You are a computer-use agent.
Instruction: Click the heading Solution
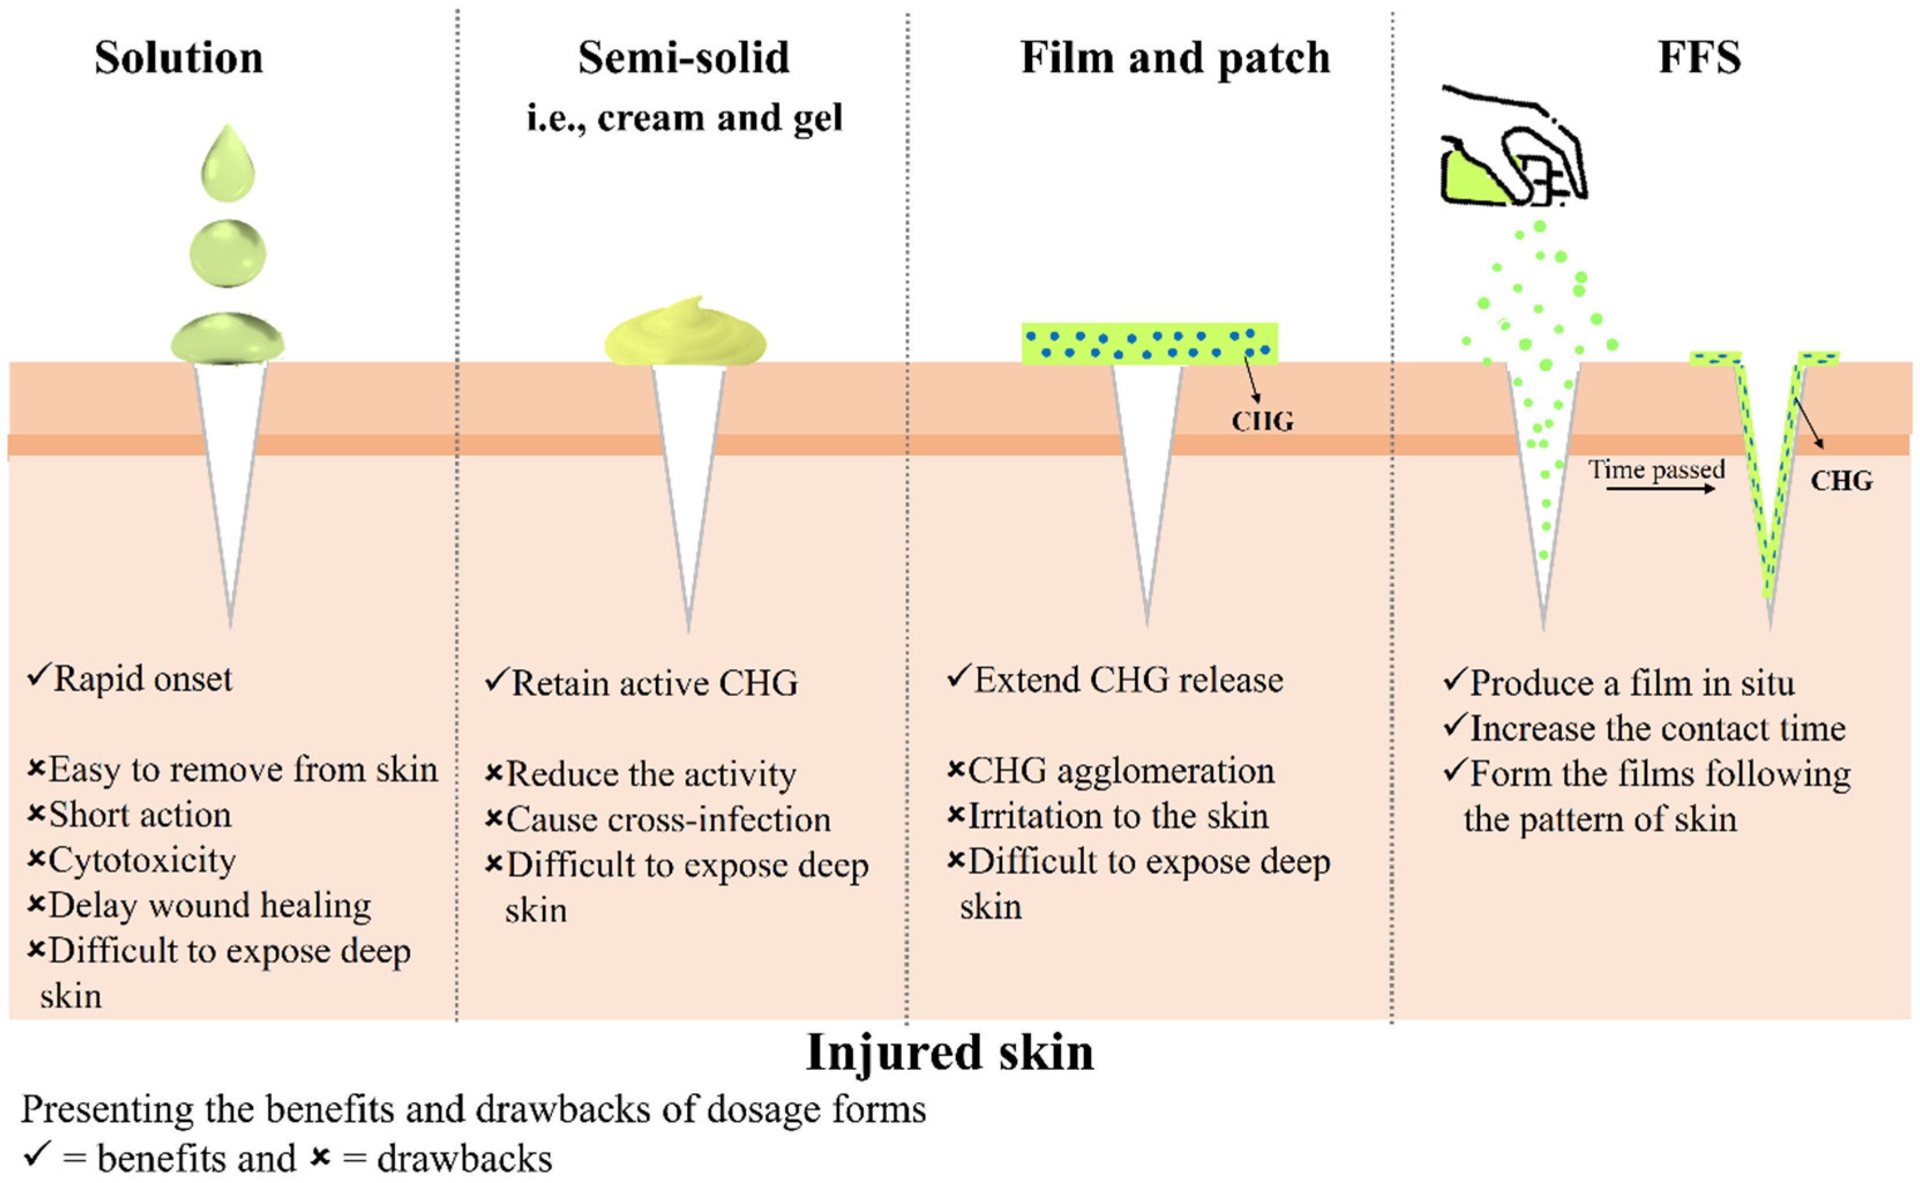(x=179, y=58)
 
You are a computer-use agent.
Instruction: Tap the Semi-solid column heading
(x=684, y=58)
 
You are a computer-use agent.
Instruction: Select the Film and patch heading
(x=1175, y=58)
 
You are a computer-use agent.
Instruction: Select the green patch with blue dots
(x=1149, y=343)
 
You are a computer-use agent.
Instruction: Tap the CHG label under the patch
(x=1262, y=422)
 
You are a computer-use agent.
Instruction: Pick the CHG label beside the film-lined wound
(x=1841, y=480)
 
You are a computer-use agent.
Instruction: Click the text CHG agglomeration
(x=1120, y=771)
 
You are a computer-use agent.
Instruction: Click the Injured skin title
(x=950, y=1052)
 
